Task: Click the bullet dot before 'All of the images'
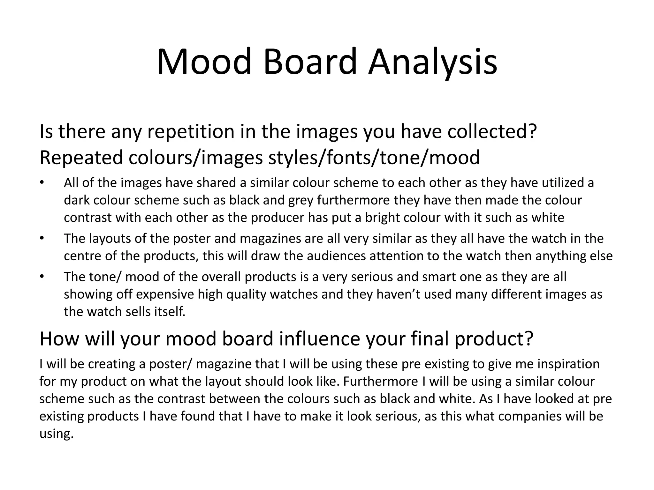tap(41, 183)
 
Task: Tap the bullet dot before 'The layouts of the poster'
tap(41, 239)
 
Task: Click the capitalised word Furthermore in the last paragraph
tap(380, 382)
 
